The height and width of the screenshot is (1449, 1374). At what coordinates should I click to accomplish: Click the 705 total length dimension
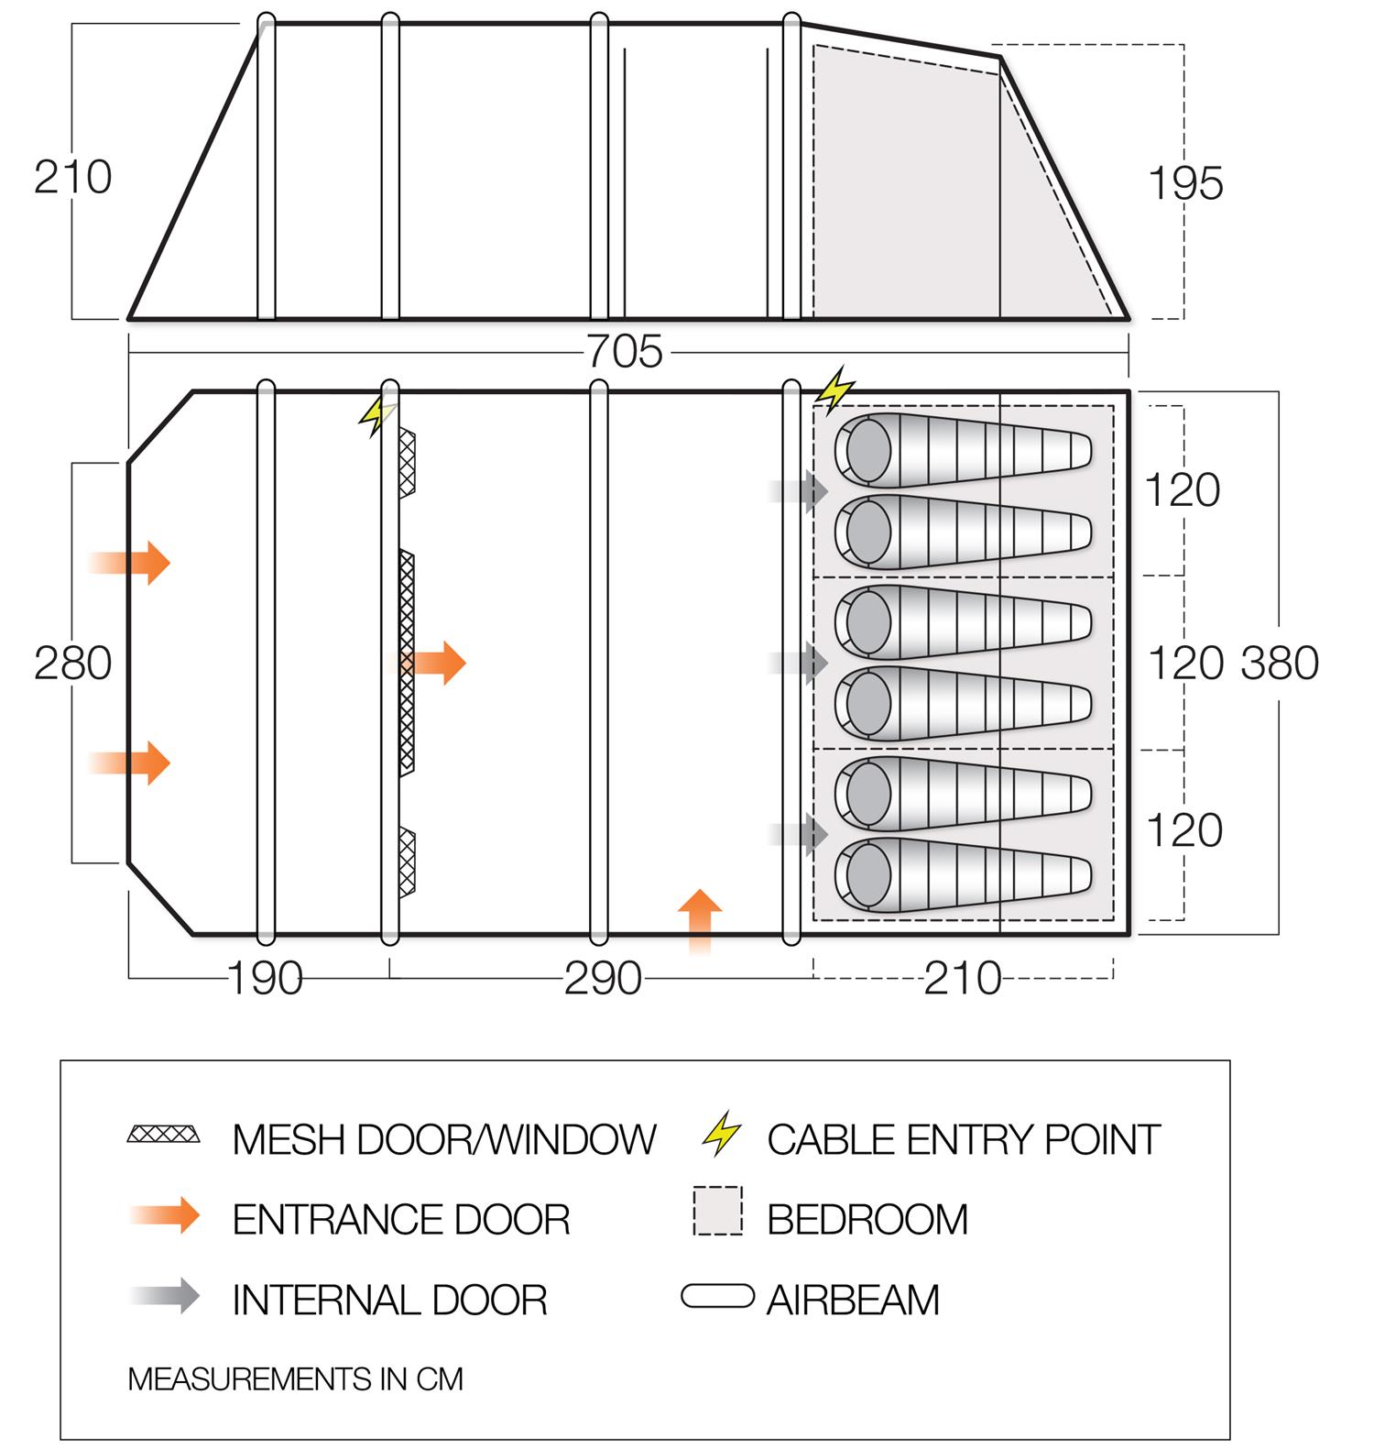tap(624, 352)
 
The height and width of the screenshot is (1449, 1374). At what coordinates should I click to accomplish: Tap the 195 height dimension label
tap(1185, 183)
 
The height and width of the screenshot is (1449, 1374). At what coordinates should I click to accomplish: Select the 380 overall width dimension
tap(1280, 663)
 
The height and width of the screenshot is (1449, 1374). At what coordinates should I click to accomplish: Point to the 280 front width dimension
tap(72, 663)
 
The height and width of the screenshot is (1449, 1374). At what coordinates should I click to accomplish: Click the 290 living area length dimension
tap(603, 979)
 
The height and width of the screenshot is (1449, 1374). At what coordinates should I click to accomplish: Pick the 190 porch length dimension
tap(265, 979)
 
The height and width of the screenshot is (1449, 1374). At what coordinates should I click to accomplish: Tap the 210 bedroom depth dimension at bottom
tap(962, 979)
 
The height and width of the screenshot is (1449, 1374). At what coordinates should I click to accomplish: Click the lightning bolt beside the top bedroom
tap(835, 391)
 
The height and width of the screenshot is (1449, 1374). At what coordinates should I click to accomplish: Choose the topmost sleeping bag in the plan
tap(962, 450)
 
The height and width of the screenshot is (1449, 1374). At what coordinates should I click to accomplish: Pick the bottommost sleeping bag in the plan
tap(962, 875)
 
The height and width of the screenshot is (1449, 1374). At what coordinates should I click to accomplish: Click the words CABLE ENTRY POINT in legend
tap(964, 1140)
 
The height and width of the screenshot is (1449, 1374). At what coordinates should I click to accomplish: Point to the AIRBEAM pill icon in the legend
tap(718, 1297)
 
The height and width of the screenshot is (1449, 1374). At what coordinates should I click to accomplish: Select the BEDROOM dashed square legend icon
tap(718, 1212)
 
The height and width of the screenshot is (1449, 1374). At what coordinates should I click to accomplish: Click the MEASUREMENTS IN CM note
tap(295, 1379)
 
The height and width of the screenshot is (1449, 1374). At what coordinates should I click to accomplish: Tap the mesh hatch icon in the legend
tap(164, 1135)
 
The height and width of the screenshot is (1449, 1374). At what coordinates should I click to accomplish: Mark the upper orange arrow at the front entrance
tap(133, 562)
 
